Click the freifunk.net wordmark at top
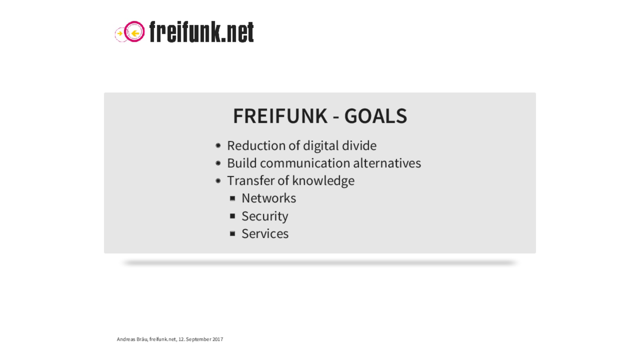tap(202, 32)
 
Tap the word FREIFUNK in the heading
tap(280, 116)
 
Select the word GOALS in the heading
tap(376, 116)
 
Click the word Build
tap(242, 163)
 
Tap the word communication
tap(305, 163)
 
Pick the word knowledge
tap(323, 181)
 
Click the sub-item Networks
tap(269, 198)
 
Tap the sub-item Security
tap(265, 216)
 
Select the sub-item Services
tap(265, 234)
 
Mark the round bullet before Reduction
tap(218, 145)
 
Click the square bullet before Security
tap(233, 216)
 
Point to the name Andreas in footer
tap(126, 339)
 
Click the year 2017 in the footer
tap(218, 339)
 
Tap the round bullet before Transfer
tap(218, 181)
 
